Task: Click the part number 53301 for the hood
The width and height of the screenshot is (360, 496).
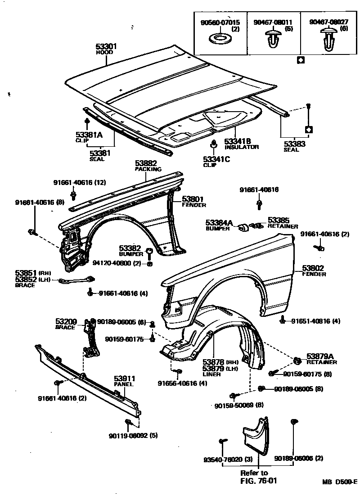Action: click(x=106, y=46)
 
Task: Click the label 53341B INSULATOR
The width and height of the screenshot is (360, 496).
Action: click(x=242, y=144)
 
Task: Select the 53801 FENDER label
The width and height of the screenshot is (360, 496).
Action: click(x=193, y=201)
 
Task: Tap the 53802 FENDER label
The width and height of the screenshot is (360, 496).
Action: click(x=314, y=271)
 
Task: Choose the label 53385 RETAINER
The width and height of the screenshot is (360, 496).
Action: click(x=282, y=223)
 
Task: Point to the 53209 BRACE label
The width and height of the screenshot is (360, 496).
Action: click(x=67, y=324)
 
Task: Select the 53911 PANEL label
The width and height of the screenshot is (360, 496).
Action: click(x=124, y=381)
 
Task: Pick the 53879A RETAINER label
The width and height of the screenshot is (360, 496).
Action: click(x=321, y=358)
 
